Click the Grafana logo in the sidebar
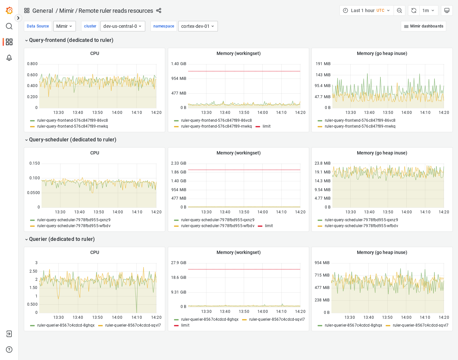9,10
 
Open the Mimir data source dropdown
64,26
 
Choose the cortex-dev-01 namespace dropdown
198,26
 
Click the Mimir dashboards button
423,26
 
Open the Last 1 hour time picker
366,10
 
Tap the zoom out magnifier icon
399,10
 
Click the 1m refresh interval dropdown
428,10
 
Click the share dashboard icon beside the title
159,10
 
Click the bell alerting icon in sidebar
9,58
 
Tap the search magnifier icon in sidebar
9,26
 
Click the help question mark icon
9,350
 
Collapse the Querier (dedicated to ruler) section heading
62,239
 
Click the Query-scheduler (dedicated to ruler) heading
73,140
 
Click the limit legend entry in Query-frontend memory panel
266,126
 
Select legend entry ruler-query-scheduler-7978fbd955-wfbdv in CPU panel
74,226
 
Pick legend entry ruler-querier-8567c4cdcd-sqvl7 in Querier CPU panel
133,325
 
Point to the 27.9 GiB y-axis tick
179,263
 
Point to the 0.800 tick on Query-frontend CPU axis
32,64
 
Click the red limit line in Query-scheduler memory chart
244,170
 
